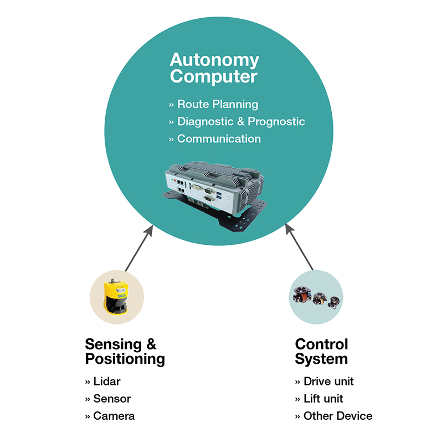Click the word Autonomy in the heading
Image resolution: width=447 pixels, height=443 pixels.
[214, 59]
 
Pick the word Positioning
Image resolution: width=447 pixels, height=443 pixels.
[125, 359]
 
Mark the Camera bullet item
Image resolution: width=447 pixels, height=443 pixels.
[114, 415]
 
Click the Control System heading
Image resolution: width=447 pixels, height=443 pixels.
[321, 351]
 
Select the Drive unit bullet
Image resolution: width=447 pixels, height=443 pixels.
[328, 381]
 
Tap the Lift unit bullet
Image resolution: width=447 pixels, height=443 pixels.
[323, 398]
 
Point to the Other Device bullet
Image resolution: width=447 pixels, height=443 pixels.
[337, 415]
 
